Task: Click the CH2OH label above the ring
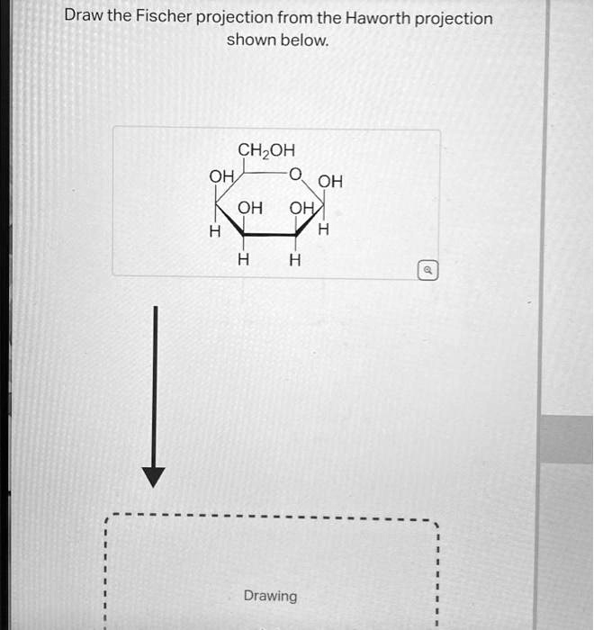pos(265,149)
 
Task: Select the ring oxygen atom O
pos(294,174)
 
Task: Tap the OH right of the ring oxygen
pos(330,181)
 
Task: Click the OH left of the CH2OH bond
pos(220,175)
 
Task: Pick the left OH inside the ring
pos(250,208)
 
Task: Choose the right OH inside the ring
pos(301,208)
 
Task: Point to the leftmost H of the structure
pos(214,231)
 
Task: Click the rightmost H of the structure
pos(324,229)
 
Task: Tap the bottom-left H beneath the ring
pos(241,261)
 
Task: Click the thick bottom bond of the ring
pos(267,236)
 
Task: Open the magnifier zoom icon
pos(429,269)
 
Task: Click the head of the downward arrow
pos(155,476)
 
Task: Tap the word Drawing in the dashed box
pos(270,596)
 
